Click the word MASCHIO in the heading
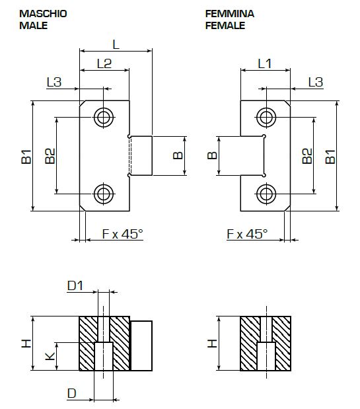point(44,14)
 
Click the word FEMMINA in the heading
point(230,14)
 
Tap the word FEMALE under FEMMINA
point(225,25)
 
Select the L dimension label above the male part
point(116,44)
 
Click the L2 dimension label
point(104,63)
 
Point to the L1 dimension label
point(265,63)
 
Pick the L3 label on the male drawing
point(54,82)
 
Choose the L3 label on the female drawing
point(316,82)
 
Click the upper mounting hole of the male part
point(104,118)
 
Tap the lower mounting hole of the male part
point(104,194)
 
